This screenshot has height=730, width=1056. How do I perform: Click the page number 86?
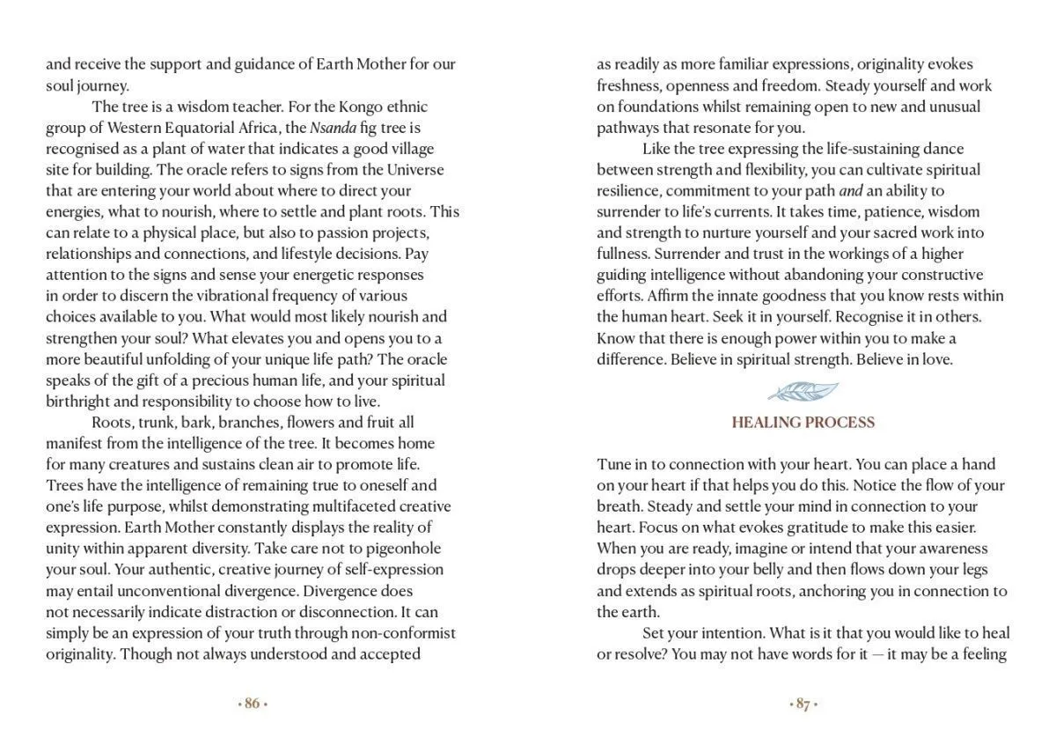click(x=253, y=704)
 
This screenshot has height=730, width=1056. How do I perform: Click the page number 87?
click(x=803, y=704)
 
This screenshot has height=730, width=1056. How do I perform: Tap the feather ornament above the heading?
click(x=803, y=391)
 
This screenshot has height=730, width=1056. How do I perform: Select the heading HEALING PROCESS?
click(x=803, y=423)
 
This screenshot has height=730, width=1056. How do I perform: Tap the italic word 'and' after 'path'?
click(x=850, y=190)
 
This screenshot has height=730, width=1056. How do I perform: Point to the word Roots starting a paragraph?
click(x=113, y=423)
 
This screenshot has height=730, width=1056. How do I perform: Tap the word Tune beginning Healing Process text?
click(x=614, y=464)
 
